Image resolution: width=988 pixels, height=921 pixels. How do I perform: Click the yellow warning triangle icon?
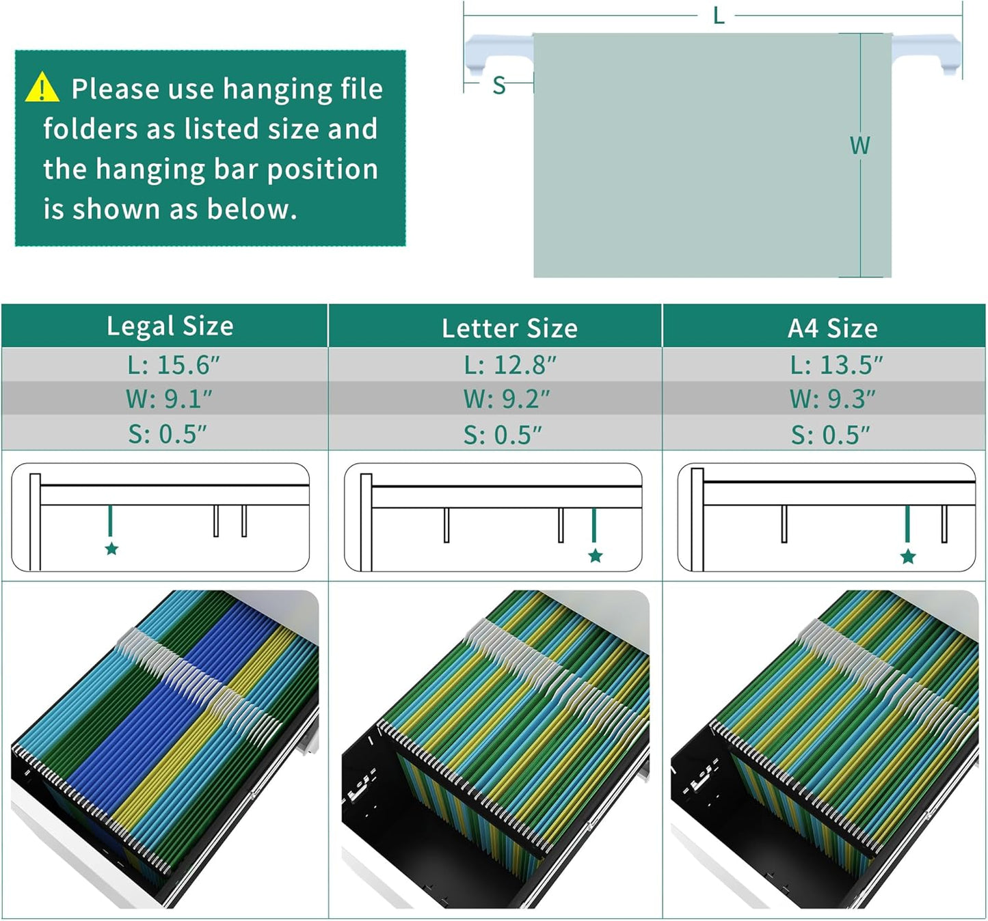coord(42,88)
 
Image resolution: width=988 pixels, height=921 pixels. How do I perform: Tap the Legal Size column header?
coord(170,326)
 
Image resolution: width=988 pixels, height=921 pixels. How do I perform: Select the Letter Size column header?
coord(509,328)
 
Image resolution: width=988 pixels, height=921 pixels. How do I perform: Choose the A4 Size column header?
coord(832,328)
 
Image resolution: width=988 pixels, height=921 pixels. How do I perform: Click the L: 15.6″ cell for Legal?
coord(174,365)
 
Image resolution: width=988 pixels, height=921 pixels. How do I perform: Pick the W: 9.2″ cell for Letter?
coord(506,399)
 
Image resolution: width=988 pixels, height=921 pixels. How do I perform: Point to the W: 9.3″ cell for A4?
coord(832,399)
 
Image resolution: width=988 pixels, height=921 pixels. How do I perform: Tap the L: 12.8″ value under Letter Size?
coord(510,365)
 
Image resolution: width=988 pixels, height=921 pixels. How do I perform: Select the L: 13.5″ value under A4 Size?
coord(836,365)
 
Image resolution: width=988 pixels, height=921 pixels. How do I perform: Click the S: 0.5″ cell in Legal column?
coord(168,434)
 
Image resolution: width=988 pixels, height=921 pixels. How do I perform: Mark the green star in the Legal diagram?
coord(111,549)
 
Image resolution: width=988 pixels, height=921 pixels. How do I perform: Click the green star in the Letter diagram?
coord(595,555)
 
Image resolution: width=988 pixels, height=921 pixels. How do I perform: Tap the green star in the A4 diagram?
coord(908,557)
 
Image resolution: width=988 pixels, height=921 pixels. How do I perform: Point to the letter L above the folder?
coord(718,16)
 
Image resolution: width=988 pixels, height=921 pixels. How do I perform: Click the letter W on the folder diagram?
coord(859,146)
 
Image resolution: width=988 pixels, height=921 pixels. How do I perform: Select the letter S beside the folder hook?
coord(498,86)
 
